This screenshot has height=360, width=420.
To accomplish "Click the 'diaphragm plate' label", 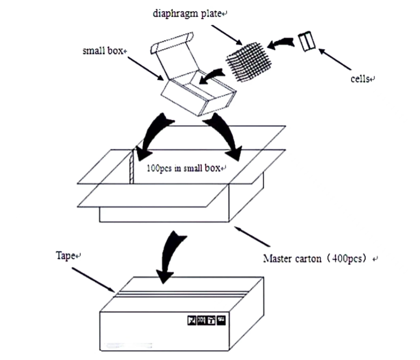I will pos(187,13).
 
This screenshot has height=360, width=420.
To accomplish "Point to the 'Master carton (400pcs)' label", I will pos(318,259).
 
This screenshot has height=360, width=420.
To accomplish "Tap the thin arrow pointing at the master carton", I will pos(253,237).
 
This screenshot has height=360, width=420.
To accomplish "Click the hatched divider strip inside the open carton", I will pos(132,166).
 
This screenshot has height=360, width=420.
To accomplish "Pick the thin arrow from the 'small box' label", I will pos(145,68).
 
